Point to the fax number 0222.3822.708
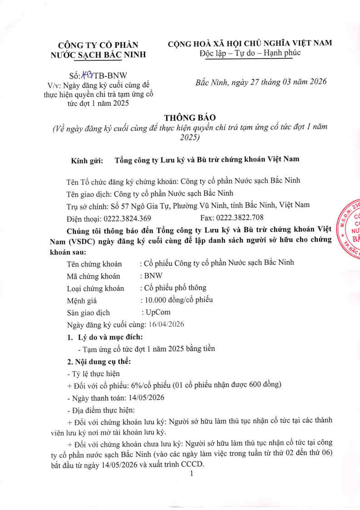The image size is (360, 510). point(240,218)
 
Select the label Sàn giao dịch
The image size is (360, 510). point(88,313)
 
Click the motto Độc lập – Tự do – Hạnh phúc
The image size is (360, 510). point(250,54)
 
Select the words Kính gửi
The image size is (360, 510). point(87,160)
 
